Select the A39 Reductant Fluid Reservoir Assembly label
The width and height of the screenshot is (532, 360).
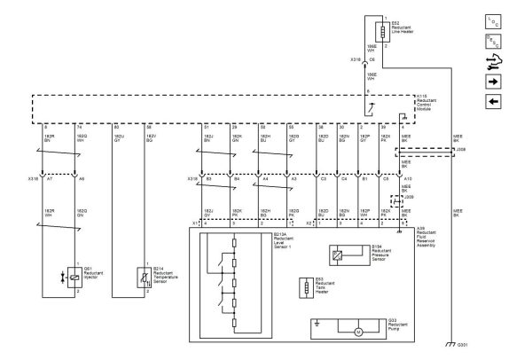coord(431,235)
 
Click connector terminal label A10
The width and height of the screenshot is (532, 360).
coord(407,179)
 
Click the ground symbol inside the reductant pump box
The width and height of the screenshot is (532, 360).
coord(317,325)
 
